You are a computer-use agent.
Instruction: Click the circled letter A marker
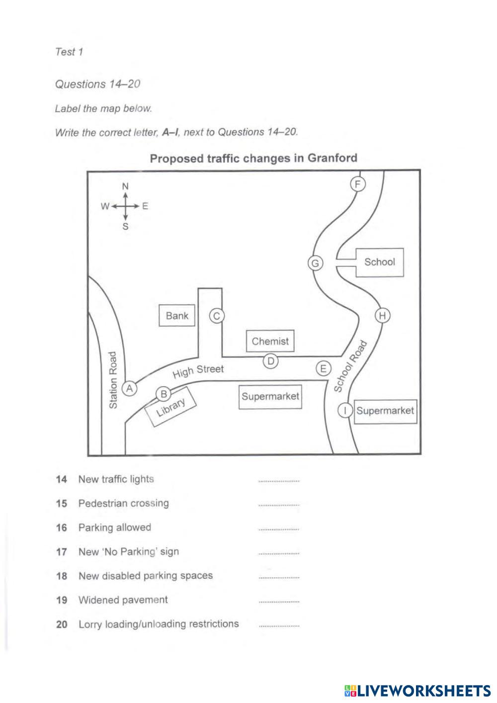click(x=130, y=388)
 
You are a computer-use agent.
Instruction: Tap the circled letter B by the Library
click(x=164, y=394)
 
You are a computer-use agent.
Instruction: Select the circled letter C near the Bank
click(x=216, y=316)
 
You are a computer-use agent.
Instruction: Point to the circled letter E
click(x=323, y=369)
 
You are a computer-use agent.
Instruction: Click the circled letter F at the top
click(x=358, y=184)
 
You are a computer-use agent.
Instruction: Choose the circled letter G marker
click(x=315, y=263)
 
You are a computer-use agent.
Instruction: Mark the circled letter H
click(x=382, y=316)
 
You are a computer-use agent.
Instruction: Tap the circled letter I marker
click(x=345, y=411)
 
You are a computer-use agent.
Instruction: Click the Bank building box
click(x=177, y=316)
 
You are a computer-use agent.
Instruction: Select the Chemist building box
click(x=270, y=341)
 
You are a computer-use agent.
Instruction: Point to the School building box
click(x=380, y=262)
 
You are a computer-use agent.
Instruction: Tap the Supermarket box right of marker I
click(x=385, y=411)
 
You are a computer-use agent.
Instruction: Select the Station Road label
click(x=113, y=381)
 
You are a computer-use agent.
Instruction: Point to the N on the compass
click(x=126, y=186)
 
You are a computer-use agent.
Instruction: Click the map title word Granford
click(x=332, y=158)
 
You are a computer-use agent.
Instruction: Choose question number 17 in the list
click(x=62, y=552)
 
